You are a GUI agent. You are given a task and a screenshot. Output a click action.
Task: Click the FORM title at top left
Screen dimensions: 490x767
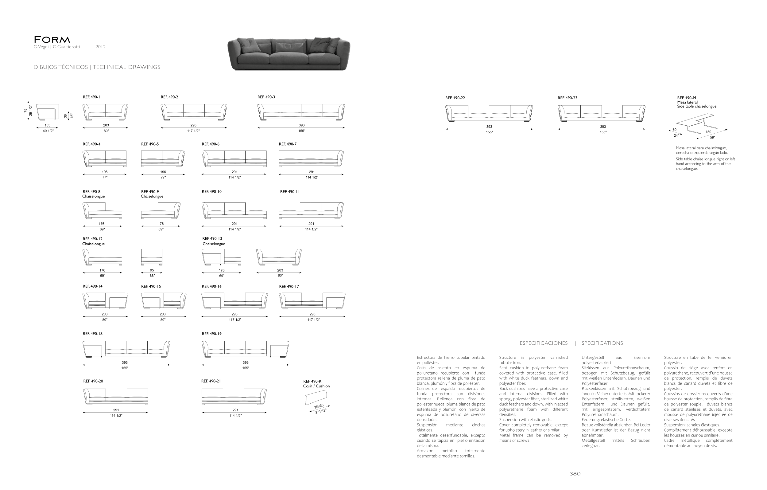(52, 40)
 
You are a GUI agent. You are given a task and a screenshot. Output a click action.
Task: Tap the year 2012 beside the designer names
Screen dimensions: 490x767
(101, 47)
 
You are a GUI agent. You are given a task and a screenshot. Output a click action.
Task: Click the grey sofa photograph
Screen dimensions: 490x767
(289, 53)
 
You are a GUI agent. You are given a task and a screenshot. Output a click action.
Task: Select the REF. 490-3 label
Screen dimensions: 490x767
(266, 97)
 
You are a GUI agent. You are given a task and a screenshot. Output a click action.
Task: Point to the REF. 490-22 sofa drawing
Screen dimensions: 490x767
(489, 113)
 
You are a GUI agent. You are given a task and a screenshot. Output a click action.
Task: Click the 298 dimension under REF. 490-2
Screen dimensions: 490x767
(193, 125)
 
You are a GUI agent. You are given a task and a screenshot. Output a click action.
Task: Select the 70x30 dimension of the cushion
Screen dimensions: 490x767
(319, 406)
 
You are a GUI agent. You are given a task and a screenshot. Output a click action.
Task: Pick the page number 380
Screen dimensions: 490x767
(575, 474)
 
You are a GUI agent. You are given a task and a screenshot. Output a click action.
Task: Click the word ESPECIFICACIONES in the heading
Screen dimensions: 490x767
(543, 343)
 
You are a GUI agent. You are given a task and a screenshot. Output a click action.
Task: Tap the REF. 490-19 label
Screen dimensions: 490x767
(211, 334)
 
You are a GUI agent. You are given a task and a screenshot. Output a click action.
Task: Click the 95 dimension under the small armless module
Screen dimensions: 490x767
(152, 270)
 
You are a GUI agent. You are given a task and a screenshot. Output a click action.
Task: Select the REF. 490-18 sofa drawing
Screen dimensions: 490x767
(126, 349)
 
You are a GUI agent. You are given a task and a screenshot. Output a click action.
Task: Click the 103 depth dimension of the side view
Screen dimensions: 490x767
(47, 125)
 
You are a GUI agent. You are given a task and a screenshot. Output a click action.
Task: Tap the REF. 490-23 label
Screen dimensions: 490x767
(567, 98)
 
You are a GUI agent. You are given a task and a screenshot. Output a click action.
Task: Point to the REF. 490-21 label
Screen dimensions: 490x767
(211, 381)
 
